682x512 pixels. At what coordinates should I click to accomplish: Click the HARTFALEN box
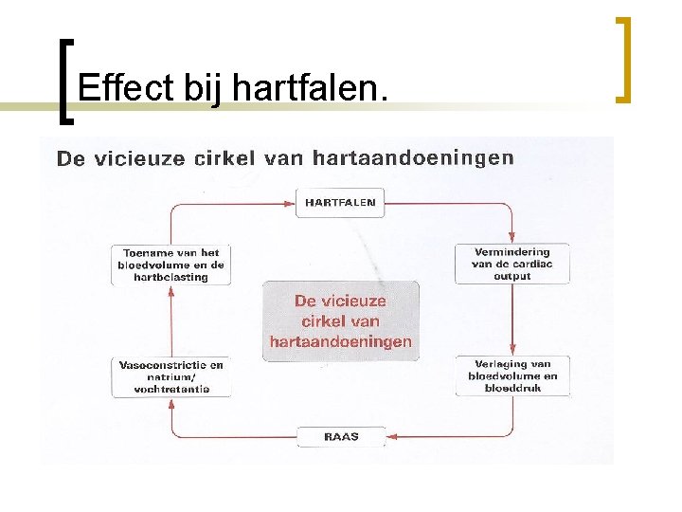(x=339, y=202)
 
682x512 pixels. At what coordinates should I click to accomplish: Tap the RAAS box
(x=341, y=437)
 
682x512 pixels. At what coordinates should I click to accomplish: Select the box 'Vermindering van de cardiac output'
(x=511, y=264)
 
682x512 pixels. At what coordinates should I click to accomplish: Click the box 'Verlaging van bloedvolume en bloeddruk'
(x=511, y=375)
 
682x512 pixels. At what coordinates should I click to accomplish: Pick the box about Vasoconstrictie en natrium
(x=171, y=376)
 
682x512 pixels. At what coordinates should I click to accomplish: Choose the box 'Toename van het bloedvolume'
(x=171, y=265)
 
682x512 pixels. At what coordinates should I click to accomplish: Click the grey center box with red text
(x=340, y=320)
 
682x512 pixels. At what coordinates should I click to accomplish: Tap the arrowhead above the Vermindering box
(x=511, y=237)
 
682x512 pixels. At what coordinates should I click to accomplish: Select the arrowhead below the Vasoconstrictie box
(x=171, y=403)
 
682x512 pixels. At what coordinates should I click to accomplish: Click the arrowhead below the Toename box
(x=171, y=291)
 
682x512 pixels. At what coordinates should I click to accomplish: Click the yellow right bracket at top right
(x=622, y=58)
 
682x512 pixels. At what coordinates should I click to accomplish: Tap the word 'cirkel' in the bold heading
(x=224, y=158)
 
